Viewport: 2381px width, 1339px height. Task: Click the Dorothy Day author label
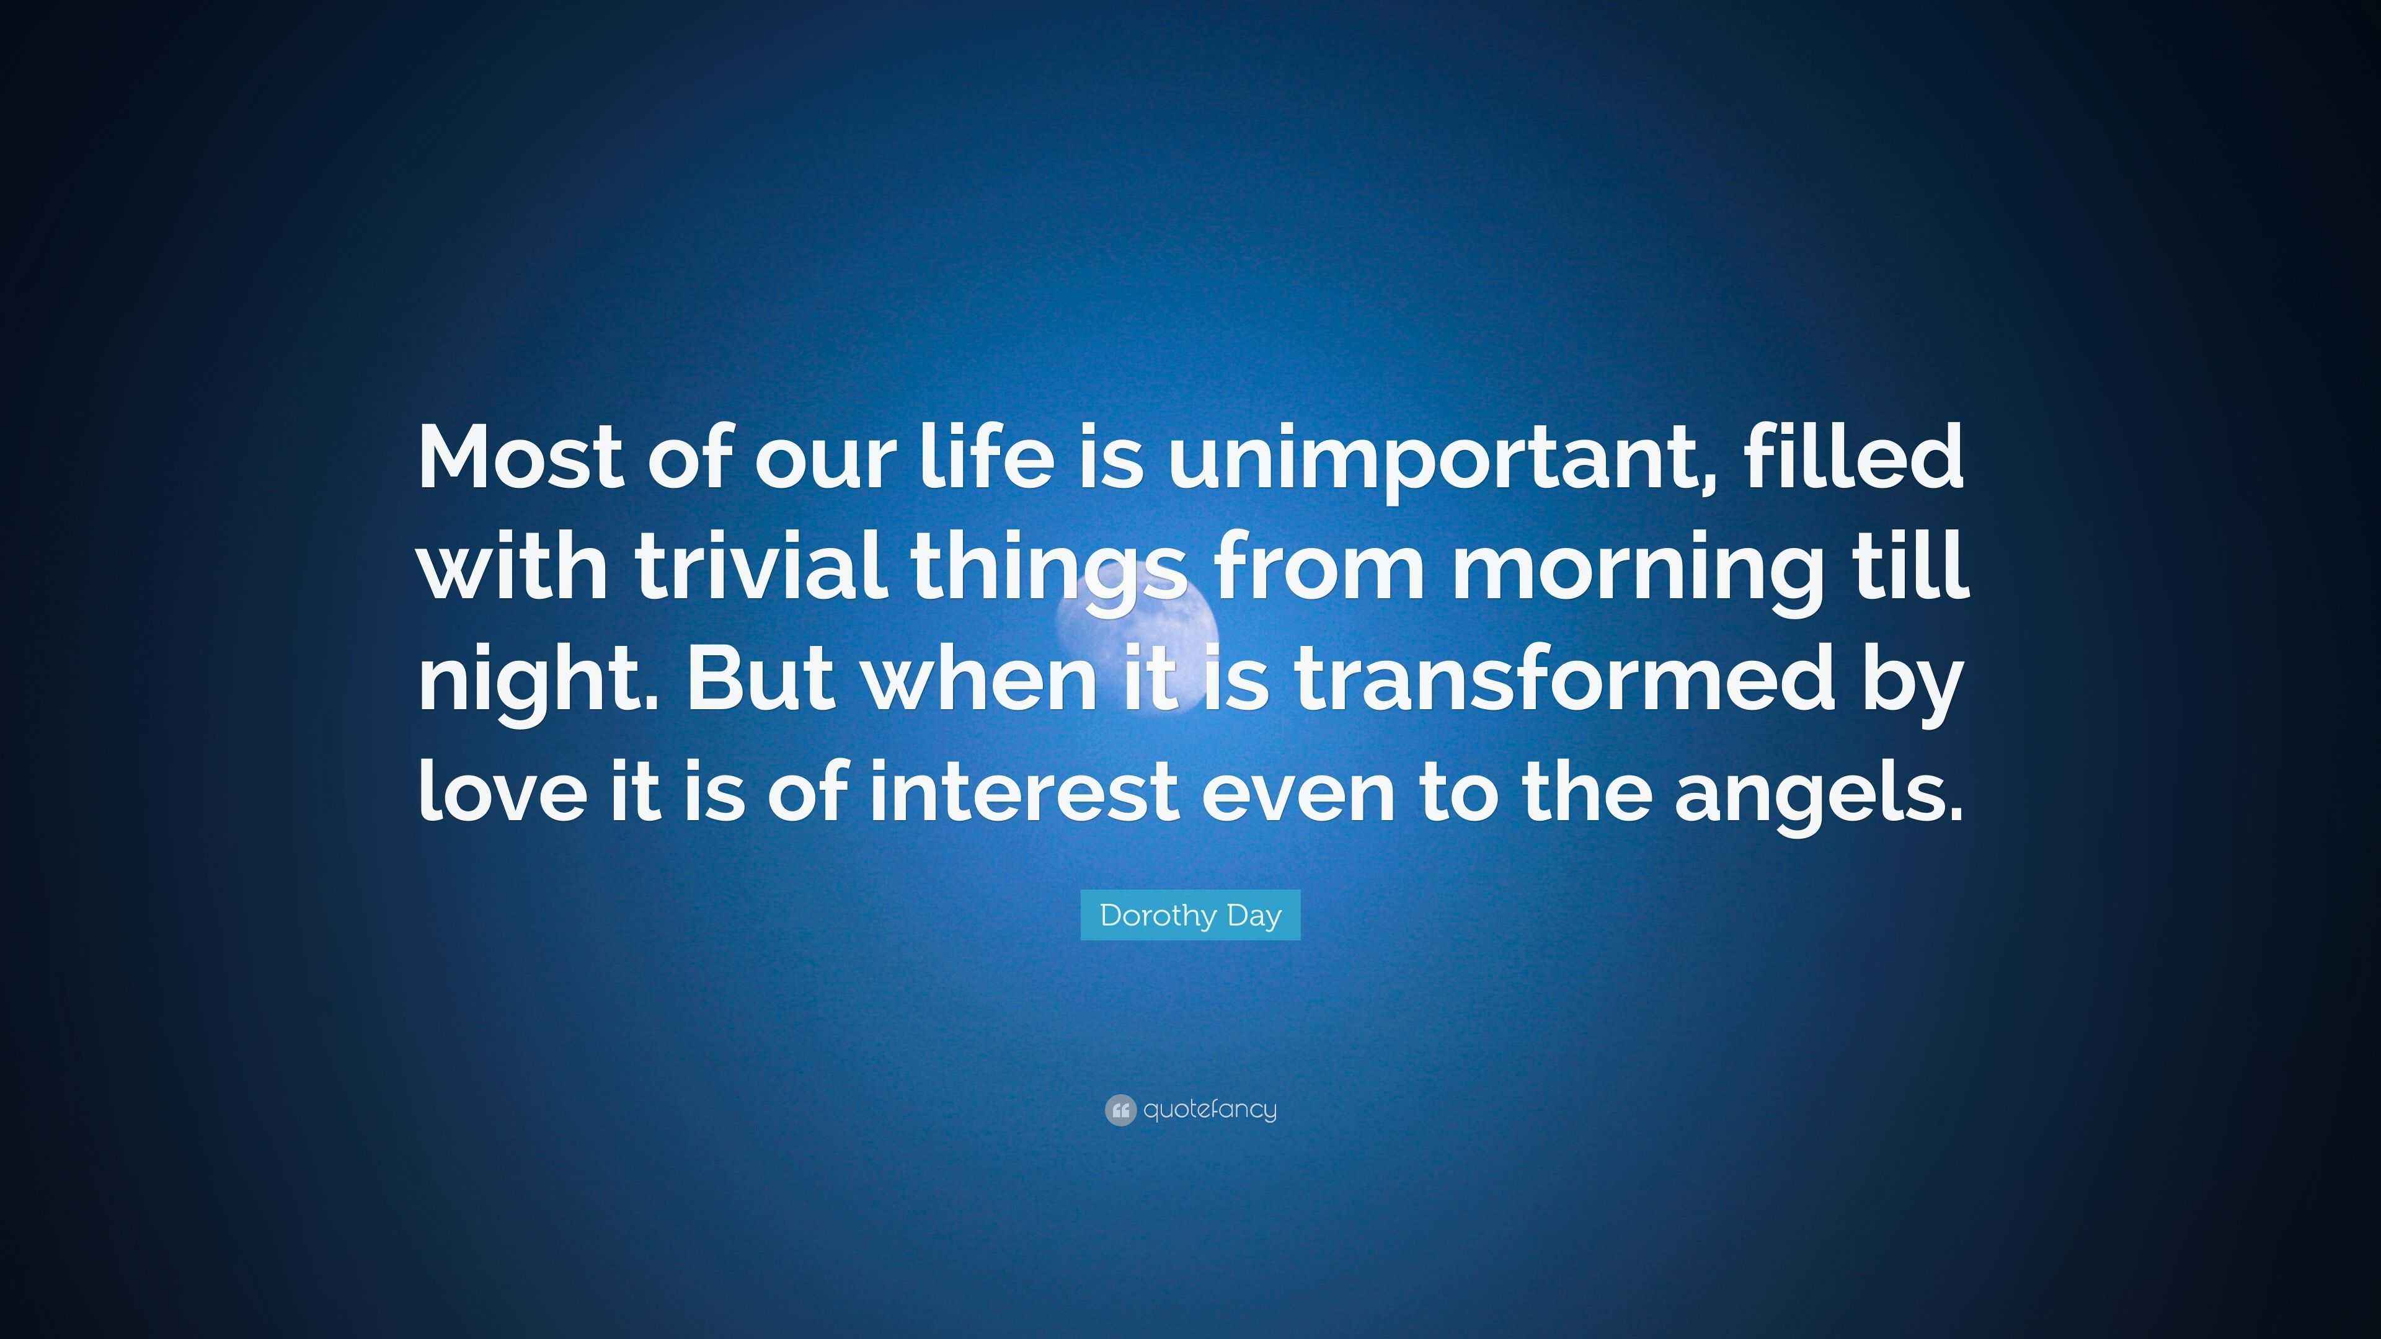(1190, 915)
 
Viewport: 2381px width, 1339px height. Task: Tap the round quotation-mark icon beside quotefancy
(1119, 1110)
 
